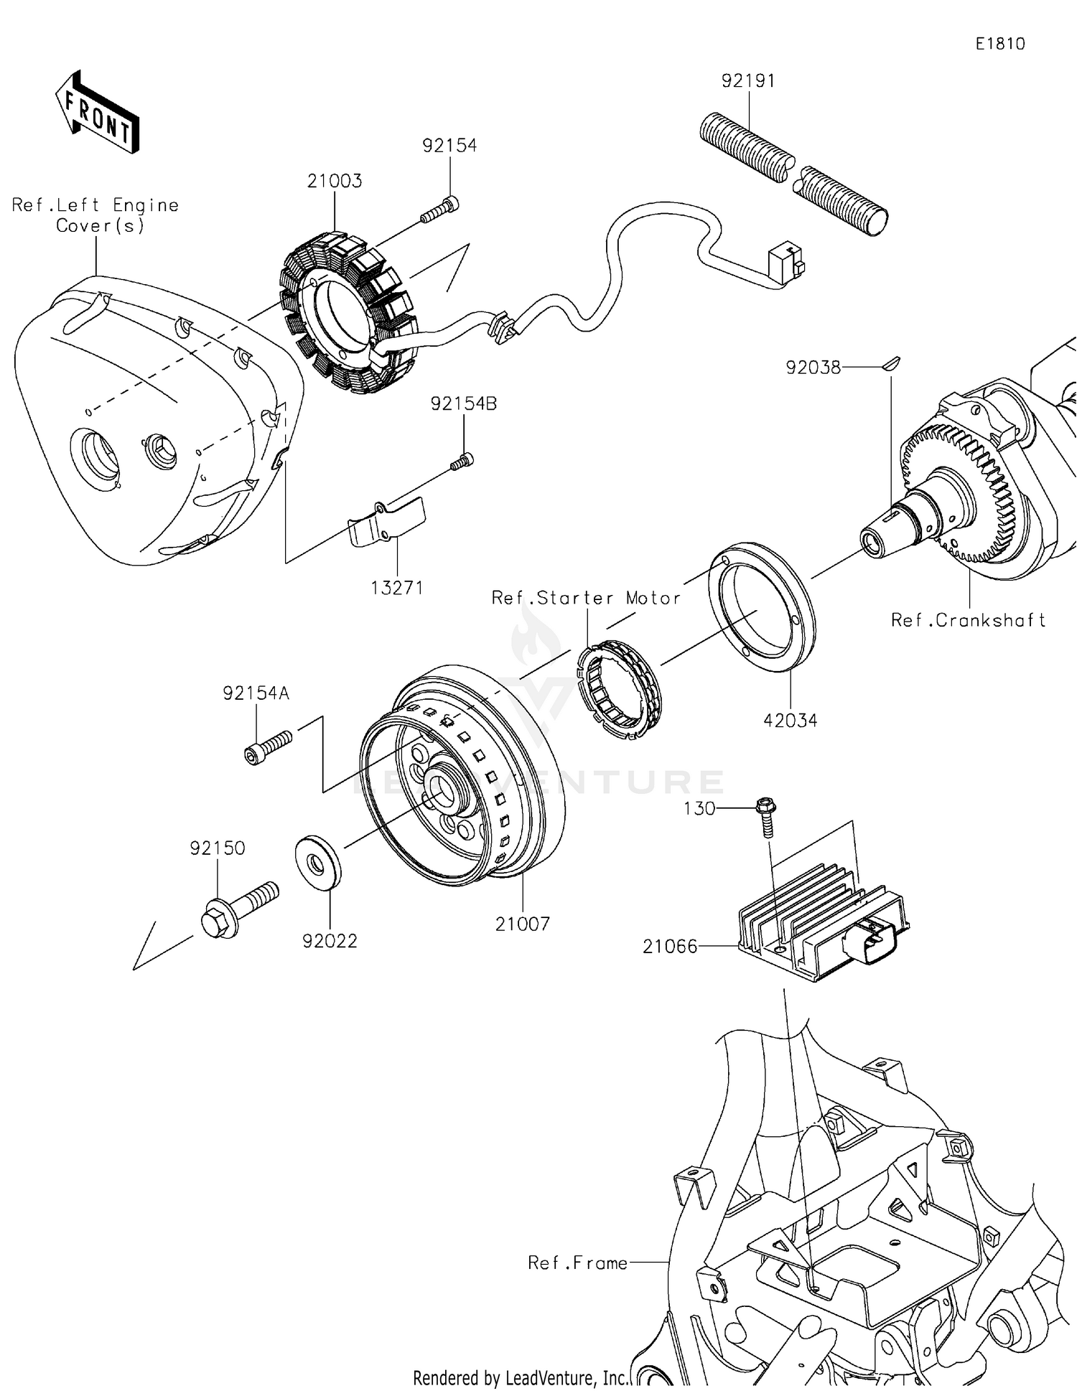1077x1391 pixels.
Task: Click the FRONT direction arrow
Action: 97,113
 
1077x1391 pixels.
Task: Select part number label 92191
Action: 748,81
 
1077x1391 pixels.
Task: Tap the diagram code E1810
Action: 999,44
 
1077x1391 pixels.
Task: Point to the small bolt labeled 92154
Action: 439,210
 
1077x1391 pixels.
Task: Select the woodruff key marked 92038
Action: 891,364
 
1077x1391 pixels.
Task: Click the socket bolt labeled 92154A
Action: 268,746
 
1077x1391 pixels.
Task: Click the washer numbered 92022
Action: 318,861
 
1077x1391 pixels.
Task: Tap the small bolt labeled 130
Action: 765,816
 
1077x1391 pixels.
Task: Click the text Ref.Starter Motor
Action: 586,598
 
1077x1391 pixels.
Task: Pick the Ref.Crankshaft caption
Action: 967,620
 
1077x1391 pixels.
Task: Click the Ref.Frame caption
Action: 577,1263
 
